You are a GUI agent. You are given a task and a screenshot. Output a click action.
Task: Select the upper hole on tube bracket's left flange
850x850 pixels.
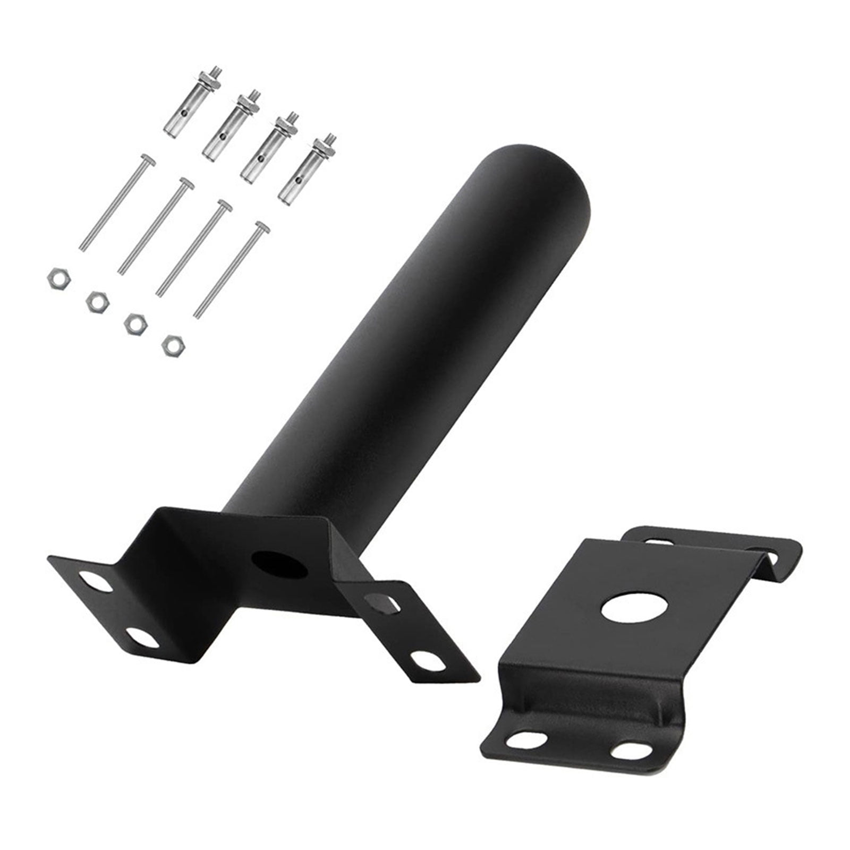pos(99,582)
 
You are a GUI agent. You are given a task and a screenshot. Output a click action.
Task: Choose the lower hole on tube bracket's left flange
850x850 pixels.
pos(142,637)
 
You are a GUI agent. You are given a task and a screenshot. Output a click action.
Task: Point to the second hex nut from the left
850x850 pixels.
pos(95,301)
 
